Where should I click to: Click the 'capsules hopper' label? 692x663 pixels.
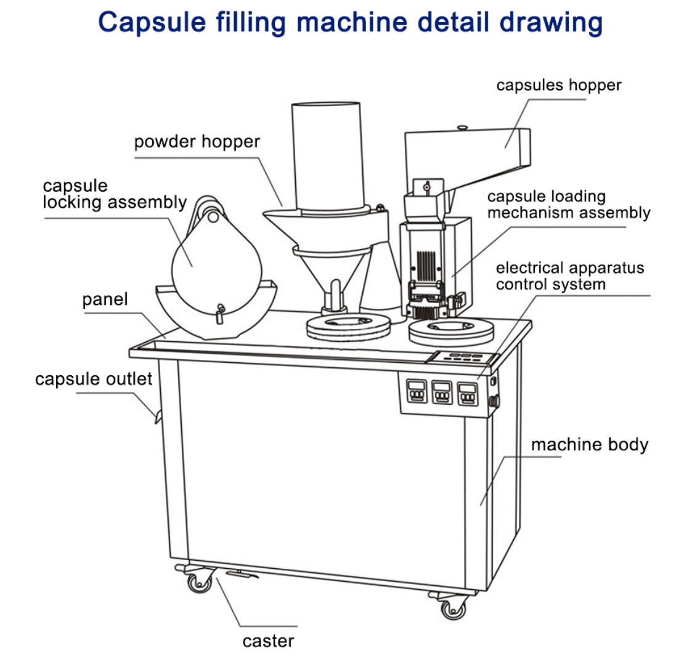click(x=558, y=85)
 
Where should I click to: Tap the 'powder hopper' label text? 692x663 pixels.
click(x=197, y=142)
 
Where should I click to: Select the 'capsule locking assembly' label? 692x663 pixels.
click(x=115, y=194)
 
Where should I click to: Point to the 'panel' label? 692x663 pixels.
click(x=105, y=299)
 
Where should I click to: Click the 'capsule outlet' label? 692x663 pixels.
click(x=94, y=379)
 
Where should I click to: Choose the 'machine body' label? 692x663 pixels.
click(x=590, y=445)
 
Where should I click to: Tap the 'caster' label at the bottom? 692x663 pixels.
click(x=268, y=641)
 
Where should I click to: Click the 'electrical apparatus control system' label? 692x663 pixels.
click(x=570, y=276)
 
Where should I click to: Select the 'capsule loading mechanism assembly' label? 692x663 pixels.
click(x=569, y=205)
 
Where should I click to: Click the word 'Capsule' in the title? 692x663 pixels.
click(x=152, y=23)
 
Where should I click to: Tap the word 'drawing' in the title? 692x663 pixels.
click(x=551, y=23)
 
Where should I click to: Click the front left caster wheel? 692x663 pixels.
click(x=200, y=584)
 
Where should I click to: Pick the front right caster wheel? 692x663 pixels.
click(x=454, y=609)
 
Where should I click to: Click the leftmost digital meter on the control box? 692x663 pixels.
click(x=417, y=391)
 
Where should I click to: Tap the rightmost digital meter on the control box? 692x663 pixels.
click(x=467, y=394)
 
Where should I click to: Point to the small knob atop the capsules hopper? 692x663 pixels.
click(x=462, y=128)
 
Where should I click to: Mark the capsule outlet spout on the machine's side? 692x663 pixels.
click(x=157, y=416)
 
